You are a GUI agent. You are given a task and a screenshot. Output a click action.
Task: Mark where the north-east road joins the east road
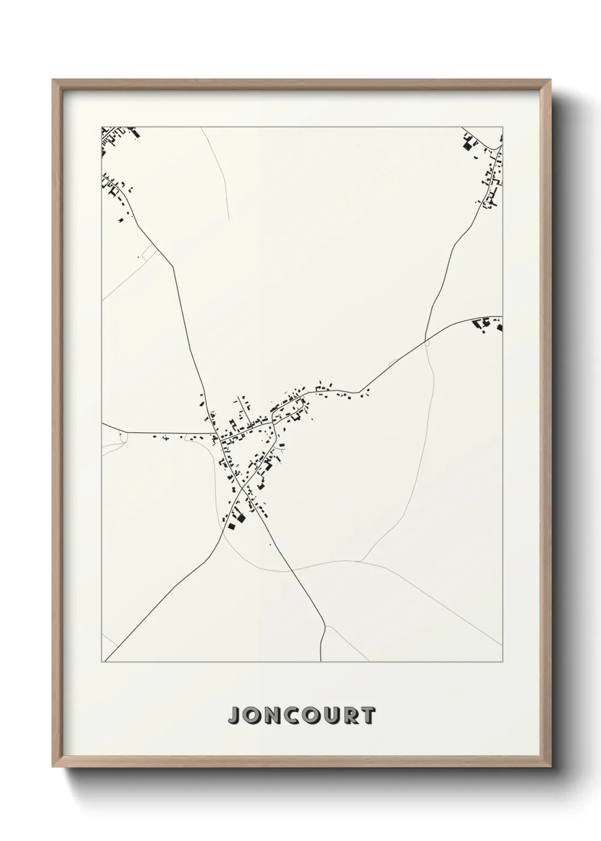pyautogui.click(x=425, y=341)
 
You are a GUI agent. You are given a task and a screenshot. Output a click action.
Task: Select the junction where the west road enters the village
pyautogui.click(x=218, y=437)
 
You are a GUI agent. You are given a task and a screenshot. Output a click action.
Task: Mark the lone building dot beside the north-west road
pyautogui.click(x=138, y=257)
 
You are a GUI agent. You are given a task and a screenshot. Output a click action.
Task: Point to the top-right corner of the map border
pyautogui.click(x=502, y=127)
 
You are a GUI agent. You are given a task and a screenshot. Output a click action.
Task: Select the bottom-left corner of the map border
pyautogui.click(x=102, y=662)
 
